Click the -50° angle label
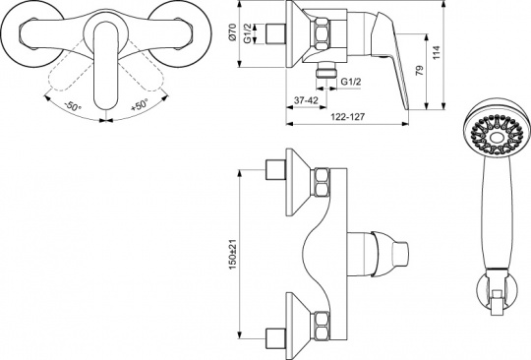(73, 106)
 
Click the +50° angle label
(140, 105)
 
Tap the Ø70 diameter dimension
(232, 32)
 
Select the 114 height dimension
(437, 53)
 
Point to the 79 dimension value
(419, 70)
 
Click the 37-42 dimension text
(306, 100)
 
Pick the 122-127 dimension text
(348, 117)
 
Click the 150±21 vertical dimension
(233, 255)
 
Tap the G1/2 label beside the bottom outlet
(351, 82)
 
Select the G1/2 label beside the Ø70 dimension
(248, 33)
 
